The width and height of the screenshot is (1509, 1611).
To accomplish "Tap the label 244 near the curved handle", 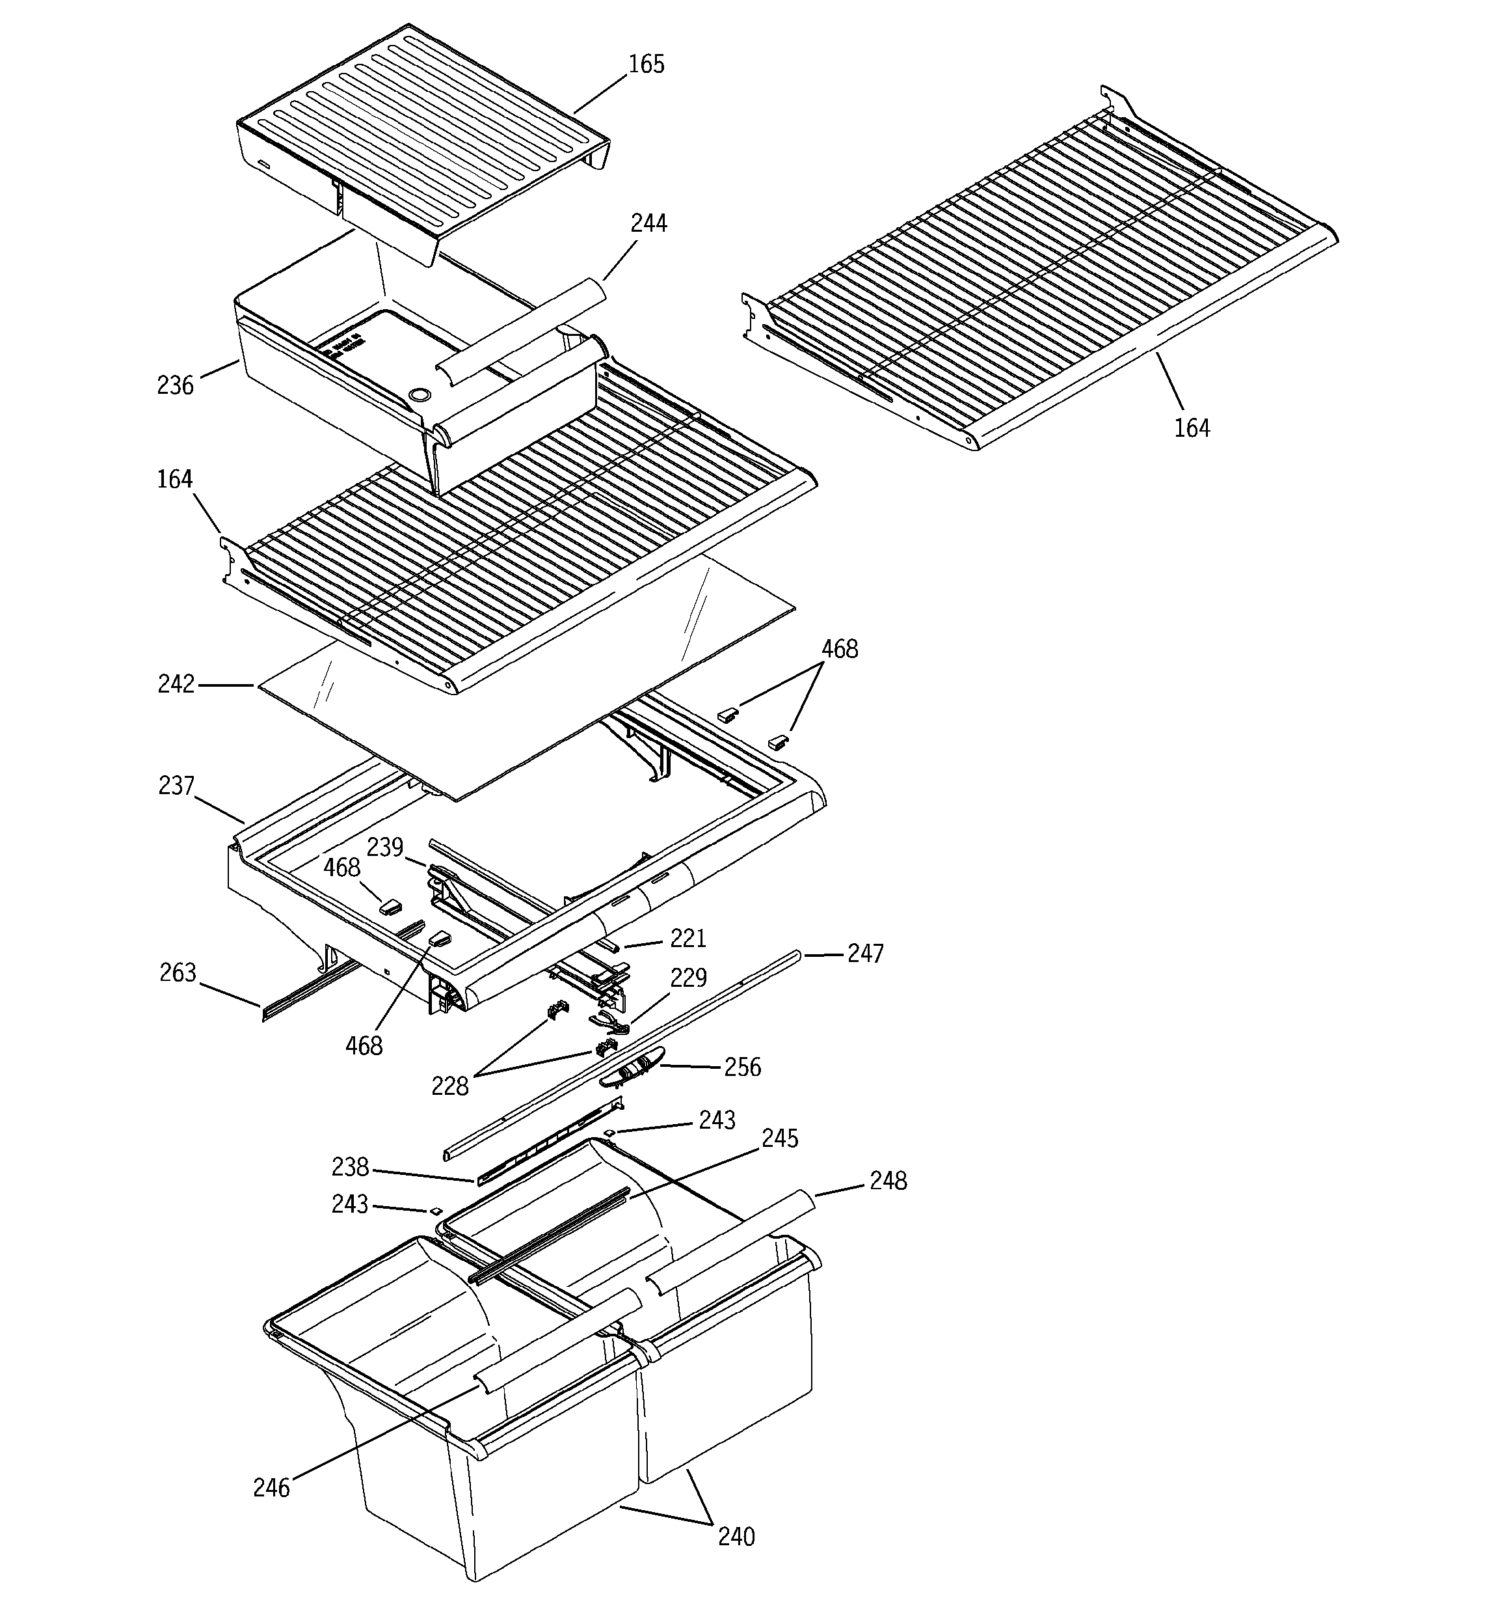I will tap(648, 224).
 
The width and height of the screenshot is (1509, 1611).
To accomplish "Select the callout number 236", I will tap(176, 386).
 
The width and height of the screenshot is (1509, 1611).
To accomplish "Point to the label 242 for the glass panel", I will tap(176, 685).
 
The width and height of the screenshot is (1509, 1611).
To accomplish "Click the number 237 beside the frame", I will tap(176, 786).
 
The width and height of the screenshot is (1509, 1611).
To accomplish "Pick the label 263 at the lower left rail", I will tap(178, 972).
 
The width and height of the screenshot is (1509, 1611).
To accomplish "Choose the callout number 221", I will tap(689, 939).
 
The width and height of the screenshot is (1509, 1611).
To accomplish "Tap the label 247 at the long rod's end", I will tap(865, 954).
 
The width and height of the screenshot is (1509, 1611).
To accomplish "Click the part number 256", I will tap(743, 1067).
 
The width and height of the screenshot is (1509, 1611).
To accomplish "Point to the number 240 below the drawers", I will tap(736, 1537).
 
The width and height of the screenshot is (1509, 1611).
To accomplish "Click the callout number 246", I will tap(271, 1489).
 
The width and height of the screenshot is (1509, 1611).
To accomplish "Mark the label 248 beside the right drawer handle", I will tap(888, 1181).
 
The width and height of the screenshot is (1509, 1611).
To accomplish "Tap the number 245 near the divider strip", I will tap(780, 1138).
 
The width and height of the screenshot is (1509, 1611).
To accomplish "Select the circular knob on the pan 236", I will tap(420, 394).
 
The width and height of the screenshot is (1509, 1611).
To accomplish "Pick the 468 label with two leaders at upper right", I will tap(840, 649).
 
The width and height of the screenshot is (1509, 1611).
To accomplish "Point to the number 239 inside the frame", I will tap(385, 847).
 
